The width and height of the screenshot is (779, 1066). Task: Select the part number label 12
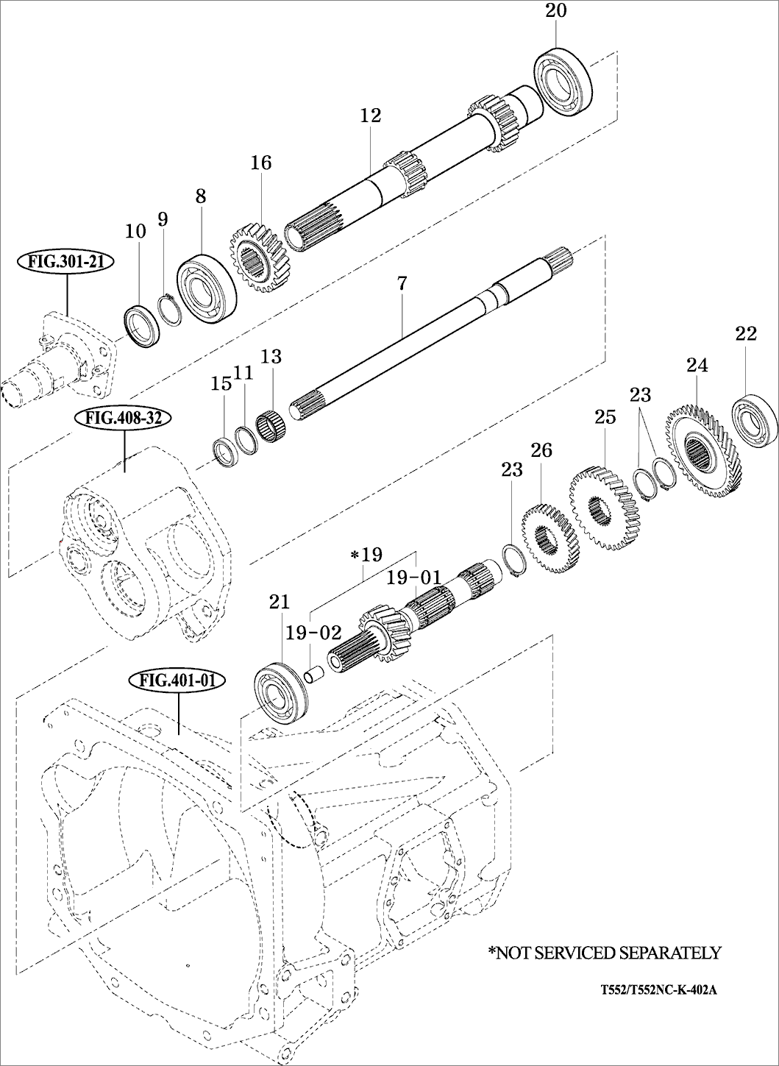(371, 116)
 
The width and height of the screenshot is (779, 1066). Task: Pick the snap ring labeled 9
(170, 308)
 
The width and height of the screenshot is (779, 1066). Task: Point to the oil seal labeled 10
(141, 323)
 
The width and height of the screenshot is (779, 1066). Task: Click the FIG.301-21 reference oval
(65, 261)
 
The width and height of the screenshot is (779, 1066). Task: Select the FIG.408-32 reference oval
(123, 419)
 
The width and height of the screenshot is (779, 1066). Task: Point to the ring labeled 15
(224, 450)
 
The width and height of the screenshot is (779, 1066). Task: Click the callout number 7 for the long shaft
(402, 284)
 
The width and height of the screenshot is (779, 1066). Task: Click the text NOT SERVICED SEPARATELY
(604, 953)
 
